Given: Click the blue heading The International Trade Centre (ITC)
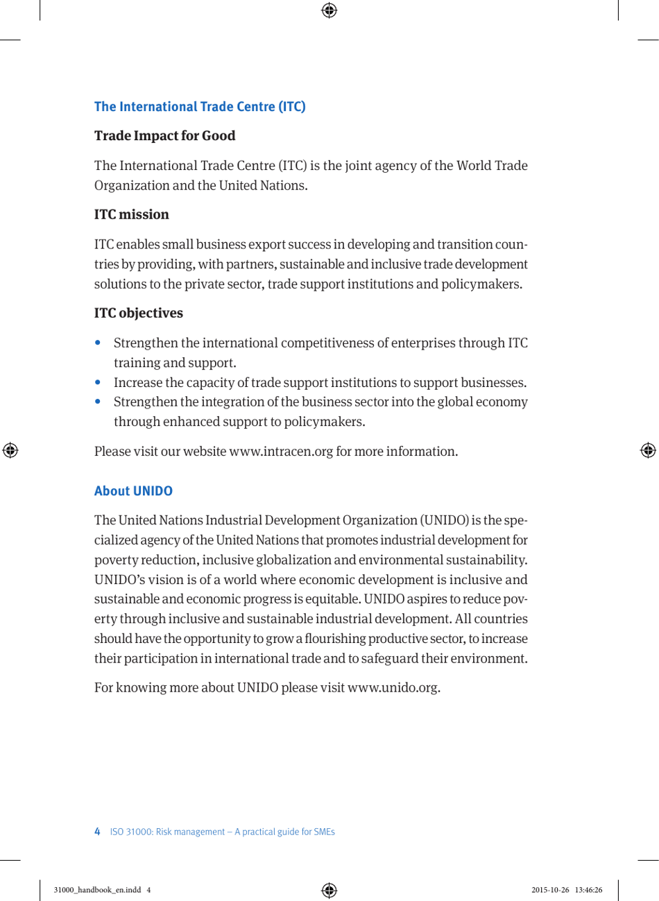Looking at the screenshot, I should pos(200,107).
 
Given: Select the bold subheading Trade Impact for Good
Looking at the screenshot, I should pos(164,136).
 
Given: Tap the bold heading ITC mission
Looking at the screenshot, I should pos(131,215).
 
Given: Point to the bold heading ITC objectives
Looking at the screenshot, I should pos(139,314).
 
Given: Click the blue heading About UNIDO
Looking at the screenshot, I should pos(133,491).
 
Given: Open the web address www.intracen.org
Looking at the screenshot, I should pos(281,452).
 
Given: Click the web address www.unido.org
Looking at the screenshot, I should pos(393,688).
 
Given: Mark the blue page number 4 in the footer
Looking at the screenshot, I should pos(97,832).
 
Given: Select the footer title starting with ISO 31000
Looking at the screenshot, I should pos(222,832).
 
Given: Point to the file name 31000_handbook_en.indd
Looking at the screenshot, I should pos(97,890).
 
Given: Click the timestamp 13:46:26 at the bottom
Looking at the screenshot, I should pos(588,890).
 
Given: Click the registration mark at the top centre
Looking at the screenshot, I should pos(329,10).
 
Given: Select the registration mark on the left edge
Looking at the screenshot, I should pos(10,450).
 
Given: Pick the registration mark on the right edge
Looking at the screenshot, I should pos(648,450).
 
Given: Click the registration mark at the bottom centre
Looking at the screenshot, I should pos(329,890).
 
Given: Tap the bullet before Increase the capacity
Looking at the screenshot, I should pos(101,382).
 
